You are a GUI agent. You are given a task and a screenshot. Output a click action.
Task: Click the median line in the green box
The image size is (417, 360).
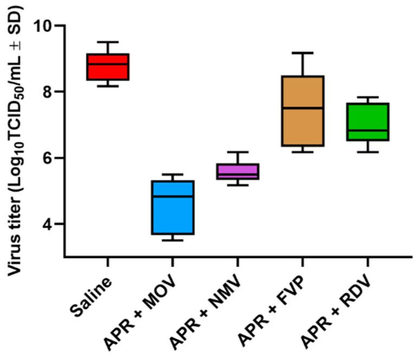pyautogui.click(x=368, y=131)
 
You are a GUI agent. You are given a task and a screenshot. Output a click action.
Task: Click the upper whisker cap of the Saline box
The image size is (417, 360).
pyautogui.click(x=108, y=42)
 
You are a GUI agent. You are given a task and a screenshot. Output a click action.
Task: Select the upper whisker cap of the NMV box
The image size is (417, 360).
pyautogui.click(x=238, y=152)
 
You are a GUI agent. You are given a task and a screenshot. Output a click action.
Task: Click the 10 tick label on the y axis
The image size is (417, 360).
pyautogui.click(x=43, y=26)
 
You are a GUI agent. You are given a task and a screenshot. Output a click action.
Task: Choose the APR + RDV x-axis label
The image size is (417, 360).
pyautogui.click(x=336, y=312)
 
